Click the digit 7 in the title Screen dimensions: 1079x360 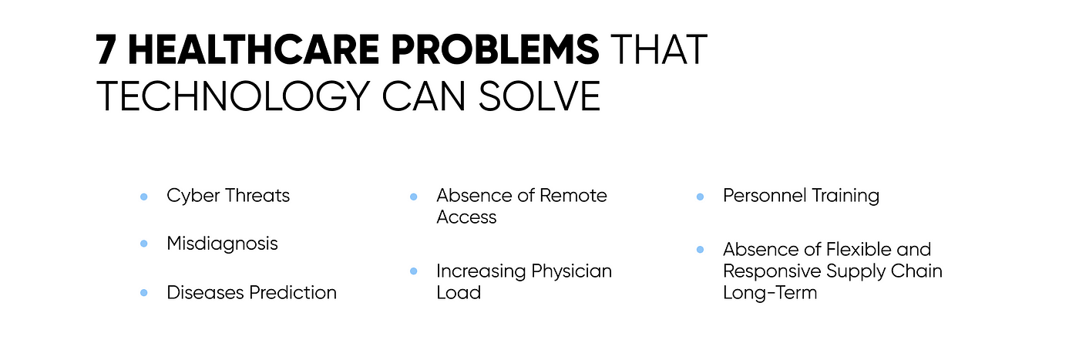pyautogui.click(x=106, y=49)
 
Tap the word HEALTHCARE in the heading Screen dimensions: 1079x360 pyautogui.click(x=254, y=49)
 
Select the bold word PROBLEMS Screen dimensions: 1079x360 pyautogui.click(x=495, y=49)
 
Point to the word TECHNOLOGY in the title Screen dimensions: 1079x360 pyautogui.click(x=234, y=96)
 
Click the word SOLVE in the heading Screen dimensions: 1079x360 pyautogui.click(x=539, y=96)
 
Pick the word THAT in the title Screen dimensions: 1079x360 pyautogui.click(x=659, y=49)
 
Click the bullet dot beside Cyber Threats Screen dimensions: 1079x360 pyautogui.click(x=143, y=197)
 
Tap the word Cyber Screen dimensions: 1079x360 pyautogui.click(x=193, y=196)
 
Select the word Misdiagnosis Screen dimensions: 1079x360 pyautogui.click(x=222, y=244)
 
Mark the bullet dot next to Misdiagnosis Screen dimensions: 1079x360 pyautogui.click(x=143, y=244)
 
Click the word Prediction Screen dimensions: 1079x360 pyautogui.click(x=293, y=292)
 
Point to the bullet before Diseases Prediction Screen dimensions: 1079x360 pyautogui.click(x=143, y=293)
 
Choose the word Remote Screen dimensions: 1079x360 pyautogui.click(x=573, y=196)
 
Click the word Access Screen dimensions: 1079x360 pyautogui.click(x=466, y=217)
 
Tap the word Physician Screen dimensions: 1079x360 pyautogui.click(x=571, y=272)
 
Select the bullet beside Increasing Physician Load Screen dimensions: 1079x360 pyautogui.click(x=413, y=271)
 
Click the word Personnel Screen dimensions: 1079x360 pyautogui.click(x=765, y=196)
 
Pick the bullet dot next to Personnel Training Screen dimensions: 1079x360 pyautogui.click(x=700, y=197)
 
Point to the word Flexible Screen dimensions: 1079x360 pyautogui.click(x=858, y=250)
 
